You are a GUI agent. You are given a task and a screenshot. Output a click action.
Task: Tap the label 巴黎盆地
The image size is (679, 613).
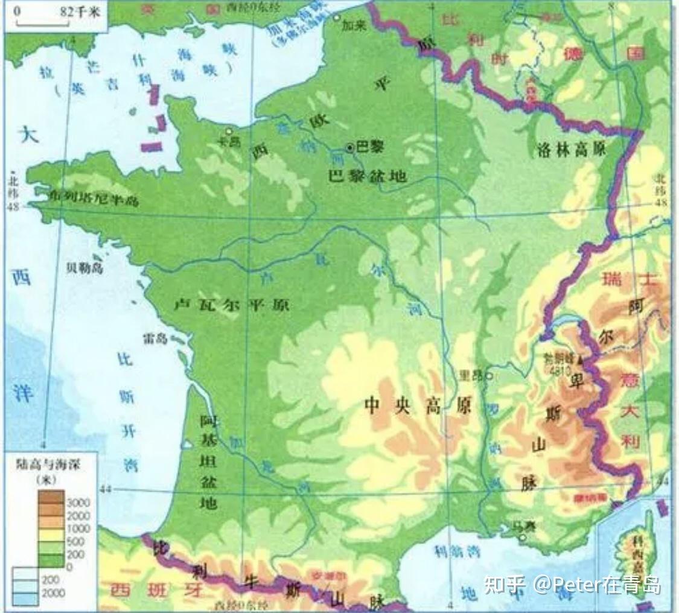pyautogui.click(x=366, y=176)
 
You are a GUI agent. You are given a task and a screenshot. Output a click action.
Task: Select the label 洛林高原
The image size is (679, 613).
pyautogui.click(x=570, y=150)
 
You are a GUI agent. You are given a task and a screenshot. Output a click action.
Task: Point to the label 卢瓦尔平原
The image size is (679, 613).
pyautogui.click(x=231, y=305)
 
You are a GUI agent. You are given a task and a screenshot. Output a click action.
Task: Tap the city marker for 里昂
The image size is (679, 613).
pyautogui.click(x=489, y=375)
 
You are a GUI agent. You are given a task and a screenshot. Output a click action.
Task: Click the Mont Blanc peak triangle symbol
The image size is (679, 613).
pyautogui.click(x=581, y=360)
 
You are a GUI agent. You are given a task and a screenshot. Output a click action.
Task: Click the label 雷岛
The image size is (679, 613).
pyautogui.click(x=154, y=338)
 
